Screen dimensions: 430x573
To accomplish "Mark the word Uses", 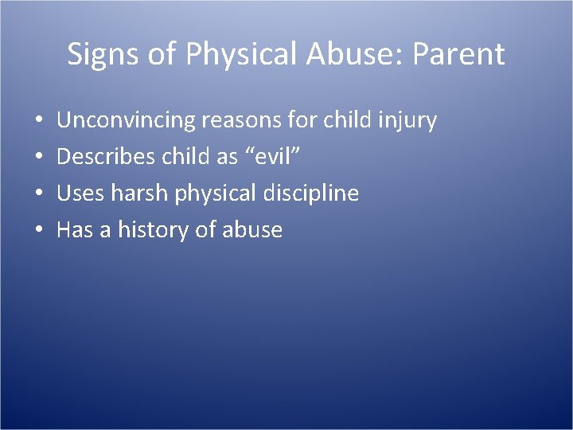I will pos(78,193).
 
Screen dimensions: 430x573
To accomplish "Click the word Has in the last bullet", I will pos(76,230).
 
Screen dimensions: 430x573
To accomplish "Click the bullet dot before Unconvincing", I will pos(39,122).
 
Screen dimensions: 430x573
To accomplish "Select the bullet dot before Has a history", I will pos(39,231).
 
